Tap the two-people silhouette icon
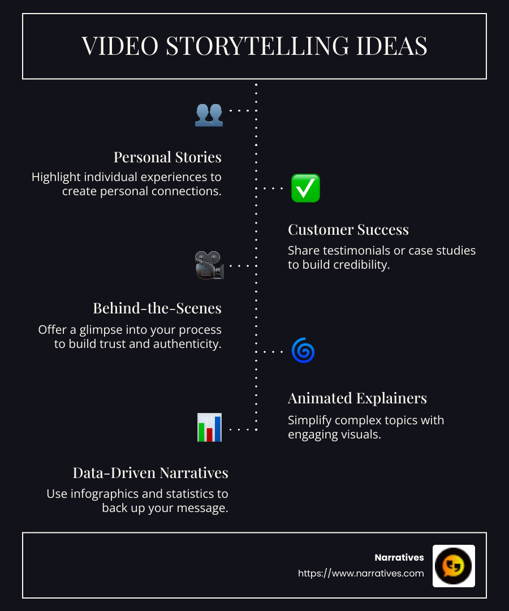[209, 114]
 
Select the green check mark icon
[305, 188]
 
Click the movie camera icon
[209, 265]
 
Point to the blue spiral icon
[303, 351]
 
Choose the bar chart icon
[209, 427]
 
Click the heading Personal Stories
[167, 157]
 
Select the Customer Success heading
[348, 230]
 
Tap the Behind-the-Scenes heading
[157, 308]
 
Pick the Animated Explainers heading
[357, 398]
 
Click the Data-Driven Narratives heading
[150, 473]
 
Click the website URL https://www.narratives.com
[361, 573]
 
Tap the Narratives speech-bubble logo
[454, 566]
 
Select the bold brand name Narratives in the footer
[399, 558]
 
